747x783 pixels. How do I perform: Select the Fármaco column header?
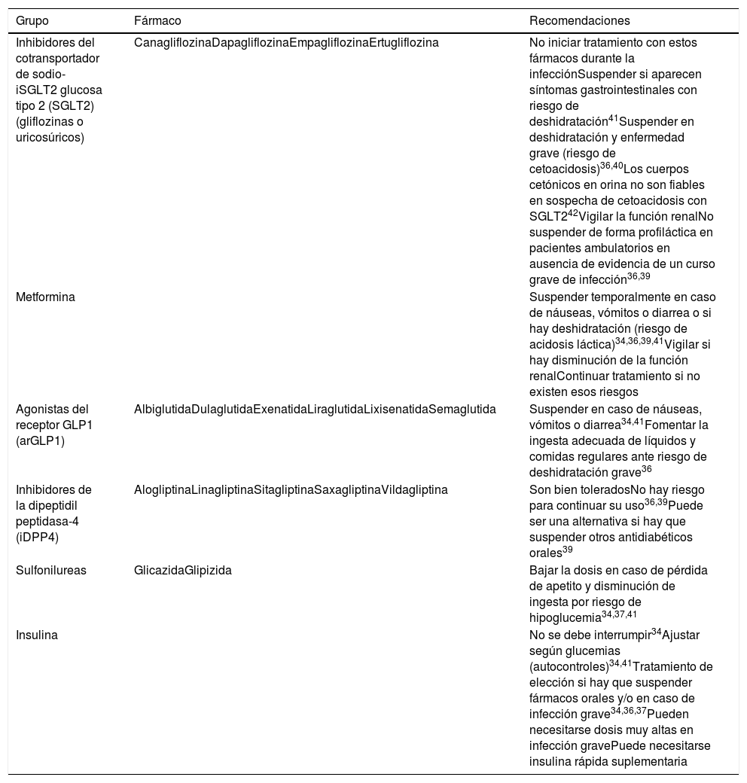(157, 20)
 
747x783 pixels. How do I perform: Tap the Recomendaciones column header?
(579, 20)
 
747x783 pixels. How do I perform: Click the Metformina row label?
(45, 297)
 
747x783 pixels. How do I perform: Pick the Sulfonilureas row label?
(51, 570)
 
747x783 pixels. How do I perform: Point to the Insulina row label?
(37, 635)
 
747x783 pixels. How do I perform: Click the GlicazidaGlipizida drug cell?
(182, 570)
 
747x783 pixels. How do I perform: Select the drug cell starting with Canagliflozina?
(286, 42)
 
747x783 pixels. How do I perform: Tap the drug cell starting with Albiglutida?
(315, 409)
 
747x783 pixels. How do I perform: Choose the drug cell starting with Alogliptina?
(291, 489)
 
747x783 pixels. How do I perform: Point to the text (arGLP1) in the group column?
(41, 441)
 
